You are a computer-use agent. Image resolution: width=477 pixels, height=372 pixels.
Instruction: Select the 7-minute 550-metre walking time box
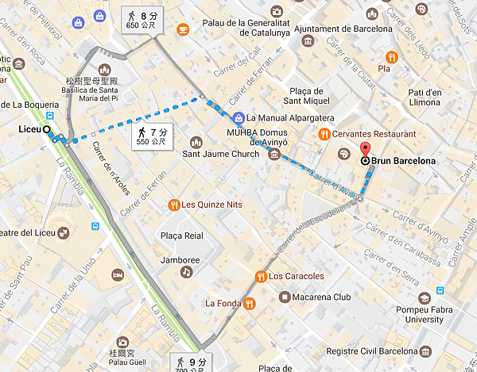[x=151, y=136]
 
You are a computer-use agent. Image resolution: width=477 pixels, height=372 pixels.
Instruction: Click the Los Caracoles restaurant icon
[x=260, y=276]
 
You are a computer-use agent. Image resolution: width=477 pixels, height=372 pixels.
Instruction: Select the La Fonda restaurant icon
[x=249, y=302]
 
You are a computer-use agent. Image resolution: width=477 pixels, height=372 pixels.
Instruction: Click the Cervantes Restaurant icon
[x=324, y=134]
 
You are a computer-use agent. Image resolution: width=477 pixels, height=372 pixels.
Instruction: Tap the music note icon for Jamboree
[x=186, y=271]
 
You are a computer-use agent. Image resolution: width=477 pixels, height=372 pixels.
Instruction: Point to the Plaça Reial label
[x=183, y=236]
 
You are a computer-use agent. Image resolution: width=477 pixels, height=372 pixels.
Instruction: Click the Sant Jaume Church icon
[x=196, y=142]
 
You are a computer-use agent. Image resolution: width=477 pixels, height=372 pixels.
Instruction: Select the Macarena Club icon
[x=284, y=297]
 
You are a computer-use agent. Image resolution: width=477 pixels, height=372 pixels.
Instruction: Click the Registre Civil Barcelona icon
[x=425, y=351]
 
